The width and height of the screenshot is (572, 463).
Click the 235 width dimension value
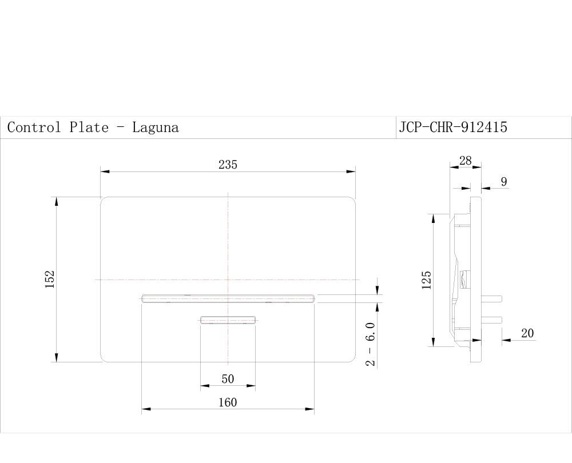click(228, 165)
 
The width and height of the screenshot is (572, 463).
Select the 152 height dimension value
click(50, 280)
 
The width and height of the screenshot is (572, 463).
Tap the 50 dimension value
click(228, 379)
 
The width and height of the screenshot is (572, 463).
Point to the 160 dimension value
click(228, 402)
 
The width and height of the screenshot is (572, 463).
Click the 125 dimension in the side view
click(427, 280)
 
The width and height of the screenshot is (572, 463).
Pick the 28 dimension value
click(466, 161)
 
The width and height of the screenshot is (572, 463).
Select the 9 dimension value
click(503, 182)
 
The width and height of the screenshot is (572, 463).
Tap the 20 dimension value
click(527, 333)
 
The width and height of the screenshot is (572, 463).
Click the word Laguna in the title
click(156, 127)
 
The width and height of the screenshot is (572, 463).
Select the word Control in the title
click(34, 127)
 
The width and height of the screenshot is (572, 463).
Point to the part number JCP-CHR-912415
click(453, 127)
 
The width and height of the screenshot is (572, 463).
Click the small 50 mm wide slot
click(228, 320)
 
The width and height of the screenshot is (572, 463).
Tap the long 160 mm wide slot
click(228, 298)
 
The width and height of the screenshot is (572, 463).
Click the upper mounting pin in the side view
click(492, 298)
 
